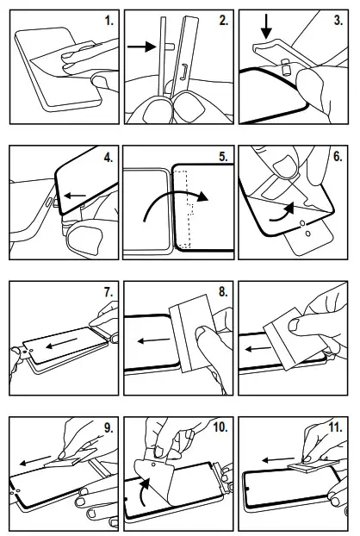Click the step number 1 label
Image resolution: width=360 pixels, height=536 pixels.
coord(109,21)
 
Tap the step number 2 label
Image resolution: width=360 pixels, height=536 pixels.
coord(223,21)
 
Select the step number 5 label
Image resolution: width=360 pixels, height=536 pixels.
coord(223,157)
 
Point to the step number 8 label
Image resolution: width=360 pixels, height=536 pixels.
coord(223,292)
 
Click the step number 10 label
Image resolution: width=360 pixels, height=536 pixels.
coord(220,427)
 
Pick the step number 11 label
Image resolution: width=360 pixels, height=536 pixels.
coord(335,427)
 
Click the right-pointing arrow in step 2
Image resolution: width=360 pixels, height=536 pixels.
coord(141,47)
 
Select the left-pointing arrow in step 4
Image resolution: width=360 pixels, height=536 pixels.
coord(75,196)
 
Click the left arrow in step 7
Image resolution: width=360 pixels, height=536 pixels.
coord(61,343)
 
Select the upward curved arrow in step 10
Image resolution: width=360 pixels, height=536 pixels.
coord(145,491)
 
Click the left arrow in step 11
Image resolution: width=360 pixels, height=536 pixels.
coord(278,460)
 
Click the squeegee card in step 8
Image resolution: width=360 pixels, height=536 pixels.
coord(192,333)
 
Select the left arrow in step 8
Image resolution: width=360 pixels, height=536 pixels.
coord(153,340)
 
